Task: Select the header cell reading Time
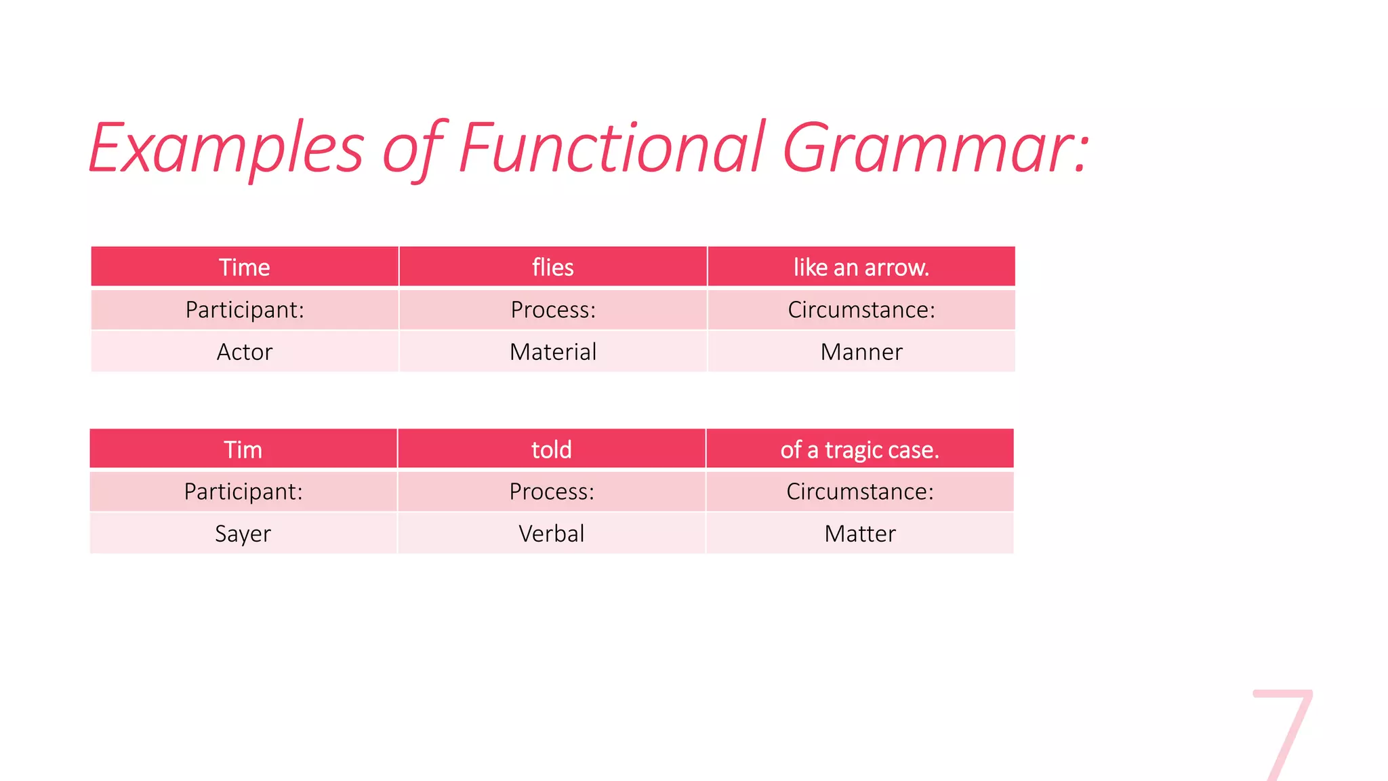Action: pyautogui.click(x=245, y=267)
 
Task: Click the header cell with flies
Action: pyautogui.click(x=553, y=267)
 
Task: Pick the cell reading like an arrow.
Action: pyautogui.click(x=861, y=267)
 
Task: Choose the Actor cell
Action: pyautogui.click(x=245, y=352)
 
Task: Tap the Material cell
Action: pyautogui.click(x=553, y=352)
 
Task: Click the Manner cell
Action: pyautogui.click(x=861, y=352)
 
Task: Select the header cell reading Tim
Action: pyautogui.click(x=243, y=449)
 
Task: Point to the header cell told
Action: pyautogui.click(x=552, y=449)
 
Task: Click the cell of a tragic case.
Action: pyautogui.click(x=859, y=449)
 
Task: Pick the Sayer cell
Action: pyautogui.click(x=243, y=534)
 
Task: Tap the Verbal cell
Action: pyautogui.click(x=552, y=534)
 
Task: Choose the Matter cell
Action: pyautogui.click(x=859, y=534)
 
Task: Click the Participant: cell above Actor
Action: pyautogui.click(x=245, y=310)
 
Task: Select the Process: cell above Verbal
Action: pyautogui.click(x=552, y=492)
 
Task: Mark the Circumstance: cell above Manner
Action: pyautogui.click(x=861, y=310)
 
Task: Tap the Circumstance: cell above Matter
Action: pyautogui.click(x=859, y=492)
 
